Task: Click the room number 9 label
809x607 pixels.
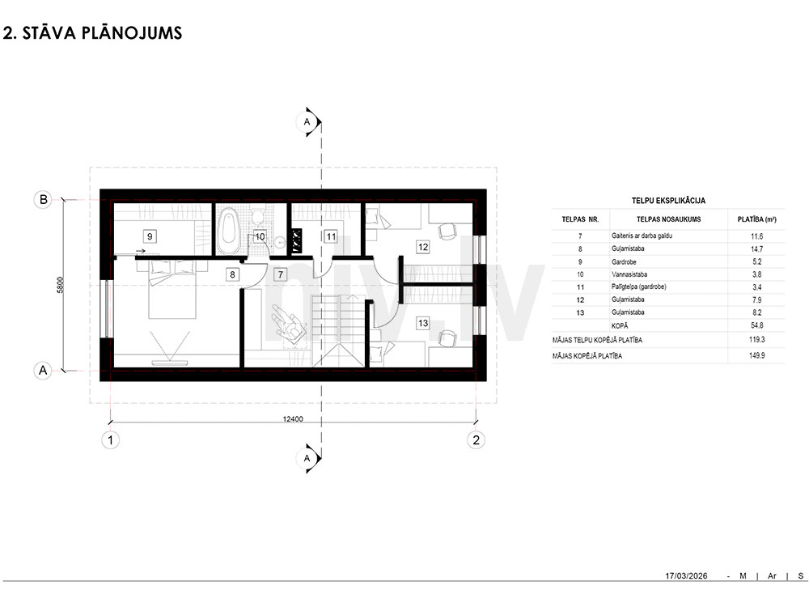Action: (150, 236)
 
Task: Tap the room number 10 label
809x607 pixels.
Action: (260, 236)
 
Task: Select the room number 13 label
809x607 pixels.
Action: (423, 323)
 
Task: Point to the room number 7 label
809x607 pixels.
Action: (280, 274)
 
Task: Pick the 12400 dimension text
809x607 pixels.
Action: (293, 418)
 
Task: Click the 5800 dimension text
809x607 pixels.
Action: (61, 285)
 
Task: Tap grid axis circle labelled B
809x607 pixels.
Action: (44, 199)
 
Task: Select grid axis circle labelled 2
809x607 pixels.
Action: (476, 439)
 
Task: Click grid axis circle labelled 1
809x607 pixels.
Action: (110, 440)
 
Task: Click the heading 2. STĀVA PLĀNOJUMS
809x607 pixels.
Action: (92, 32)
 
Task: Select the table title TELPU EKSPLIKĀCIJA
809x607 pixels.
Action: (668, 200)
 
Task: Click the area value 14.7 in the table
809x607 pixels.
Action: (757, 248)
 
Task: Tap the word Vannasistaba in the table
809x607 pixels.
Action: (629, 274)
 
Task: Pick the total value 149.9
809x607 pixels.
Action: (757, 355)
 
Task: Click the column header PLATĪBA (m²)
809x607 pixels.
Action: (757, 219)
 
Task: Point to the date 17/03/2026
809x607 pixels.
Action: (686, 575)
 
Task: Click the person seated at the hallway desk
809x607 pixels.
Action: (288, 325)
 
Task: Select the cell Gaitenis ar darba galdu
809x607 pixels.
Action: (642, 236)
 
